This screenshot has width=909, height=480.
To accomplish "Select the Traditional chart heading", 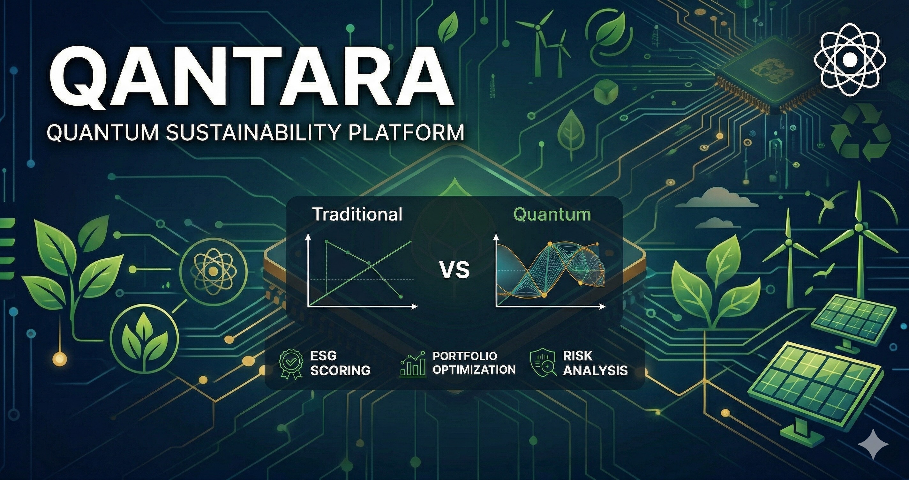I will click(x=357, y=214).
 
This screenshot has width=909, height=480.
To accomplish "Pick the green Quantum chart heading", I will click(x=552, y=214).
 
